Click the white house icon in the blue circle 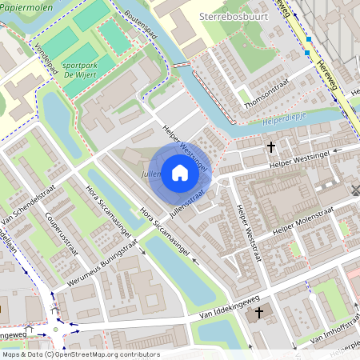tap(180, 173)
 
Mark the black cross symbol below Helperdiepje tap(271, 146)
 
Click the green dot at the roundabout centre tap(55, 328)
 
